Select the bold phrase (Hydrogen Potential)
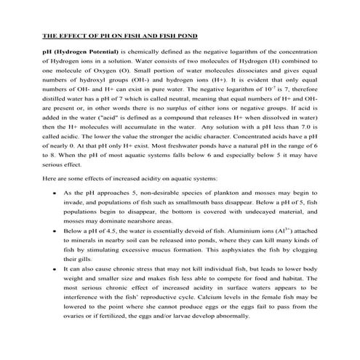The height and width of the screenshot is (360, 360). [86, 53]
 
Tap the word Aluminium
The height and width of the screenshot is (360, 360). [243, 232]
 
